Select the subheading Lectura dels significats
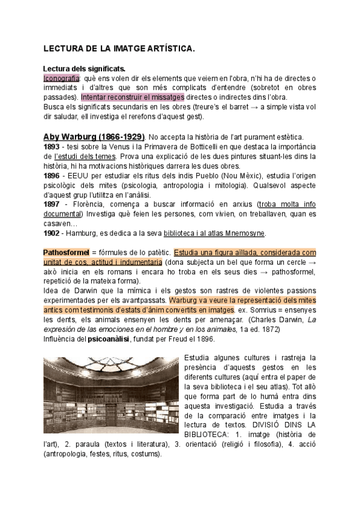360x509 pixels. [84, 69]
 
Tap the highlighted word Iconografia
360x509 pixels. [61, 79]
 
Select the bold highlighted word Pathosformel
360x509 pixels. [67, 253]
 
